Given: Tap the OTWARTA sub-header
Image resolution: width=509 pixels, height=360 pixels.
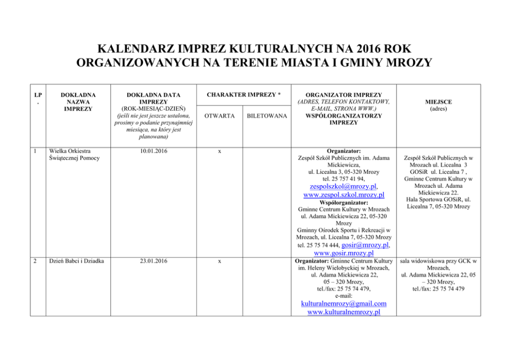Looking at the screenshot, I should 220,116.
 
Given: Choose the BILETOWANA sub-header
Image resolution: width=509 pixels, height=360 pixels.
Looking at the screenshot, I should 267,116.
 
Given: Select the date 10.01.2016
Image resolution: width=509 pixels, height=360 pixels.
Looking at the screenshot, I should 154,151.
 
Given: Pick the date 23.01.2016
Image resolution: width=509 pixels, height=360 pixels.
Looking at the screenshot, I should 154,261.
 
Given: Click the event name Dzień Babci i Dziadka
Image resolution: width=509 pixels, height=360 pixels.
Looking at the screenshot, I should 75,261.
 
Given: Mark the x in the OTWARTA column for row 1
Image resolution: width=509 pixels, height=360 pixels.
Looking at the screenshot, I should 220,151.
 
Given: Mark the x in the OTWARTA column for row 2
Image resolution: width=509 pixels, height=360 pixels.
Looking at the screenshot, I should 220,261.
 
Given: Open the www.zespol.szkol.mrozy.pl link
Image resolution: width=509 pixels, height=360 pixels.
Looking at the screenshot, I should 344,195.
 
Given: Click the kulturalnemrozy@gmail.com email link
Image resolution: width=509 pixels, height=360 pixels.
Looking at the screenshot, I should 344,304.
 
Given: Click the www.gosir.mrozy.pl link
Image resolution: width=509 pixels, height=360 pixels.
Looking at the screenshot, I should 343,253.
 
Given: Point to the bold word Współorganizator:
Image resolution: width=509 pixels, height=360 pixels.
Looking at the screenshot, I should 344,203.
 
